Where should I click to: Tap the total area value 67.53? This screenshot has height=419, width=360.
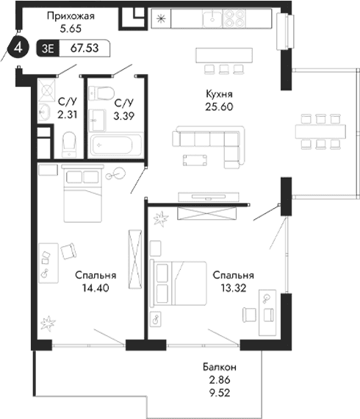point(84,49)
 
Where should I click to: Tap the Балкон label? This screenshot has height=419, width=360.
point(220,367)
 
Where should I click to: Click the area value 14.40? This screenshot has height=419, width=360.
point(91,288)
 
